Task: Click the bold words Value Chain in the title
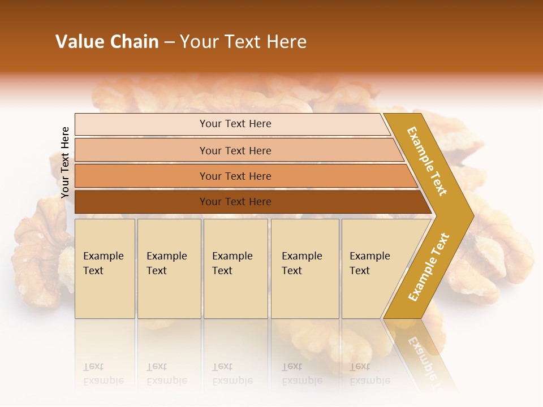point(107,42)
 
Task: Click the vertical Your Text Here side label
point(65,162)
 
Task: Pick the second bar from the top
point(235,150)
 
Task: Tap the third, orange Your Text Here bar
point(235,176)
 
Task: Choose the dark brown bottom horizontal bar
point(235,202)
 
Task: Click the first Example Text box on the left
point(105,268)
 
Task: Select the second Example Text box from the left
point(169,268)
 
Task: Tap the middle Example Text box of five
point(235,268)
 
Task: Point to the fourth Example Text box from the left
point(304,268)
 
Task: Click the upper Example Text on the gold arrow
point(427,161)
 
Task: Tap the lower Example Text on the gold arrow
point(429,267)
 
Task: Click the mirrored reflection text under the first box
point(104,373)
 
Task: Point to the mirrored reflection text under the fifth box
point(370,373)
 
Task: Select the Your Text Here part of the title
point(243,42)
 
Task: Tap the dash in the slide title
point(169,42)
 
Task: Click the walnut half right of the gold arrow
point(498,249)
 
